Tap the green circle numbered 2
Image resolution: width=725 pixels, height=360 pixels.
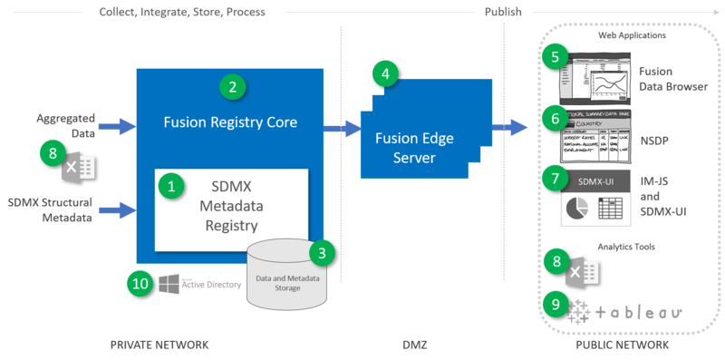coord(233,87)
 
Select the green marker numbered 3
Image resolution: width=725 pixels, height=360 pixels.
coord(321,251)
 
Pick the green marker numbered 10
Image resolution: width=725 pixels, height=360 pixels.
coord(140,282)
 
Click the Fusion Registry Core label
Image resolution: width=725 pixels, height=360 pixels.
coord(230,121)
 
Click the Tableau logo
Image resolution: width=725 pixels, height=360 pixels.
coord(625,313)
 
